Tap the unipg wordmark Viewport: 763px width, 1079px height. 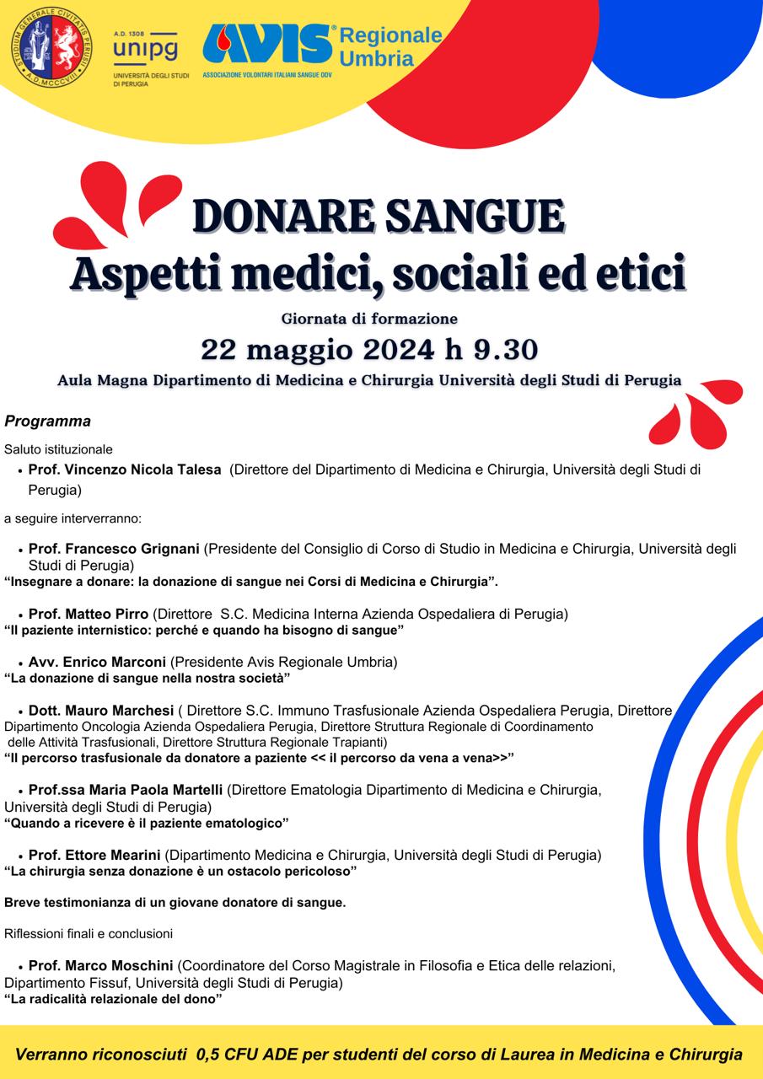coord(144,50)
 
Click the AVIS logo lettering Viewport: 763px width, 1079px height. coord(268,45)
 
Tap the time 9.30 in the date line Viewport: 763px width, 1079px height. coord(502,348)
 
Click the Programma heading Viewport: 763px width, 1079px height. coord(47,421)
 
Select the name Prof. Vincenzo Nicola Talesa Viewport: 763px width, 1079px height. coord(125,470)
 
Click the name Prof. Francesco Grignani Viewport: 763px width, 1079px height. coord(114,549)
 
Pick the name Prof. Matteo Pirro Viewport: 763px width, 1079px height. coord(89,613)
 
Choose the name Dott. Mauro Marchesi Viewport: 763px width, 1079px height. coord(101,711)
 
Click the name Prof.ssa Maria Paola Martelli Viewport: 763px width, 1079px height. coord(126,790)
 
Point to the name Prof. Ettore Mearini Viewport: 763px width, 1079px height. coord(94,855)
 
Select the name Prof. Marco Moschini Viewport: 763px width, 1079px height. coord(101,965)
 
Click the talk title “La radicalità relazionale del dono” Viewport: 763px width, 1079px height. coord(113,999)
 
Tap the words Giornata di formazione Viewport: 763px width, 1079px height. coord(369,319)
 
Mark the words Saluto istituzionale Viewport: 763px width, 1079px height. coord(58,449)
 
